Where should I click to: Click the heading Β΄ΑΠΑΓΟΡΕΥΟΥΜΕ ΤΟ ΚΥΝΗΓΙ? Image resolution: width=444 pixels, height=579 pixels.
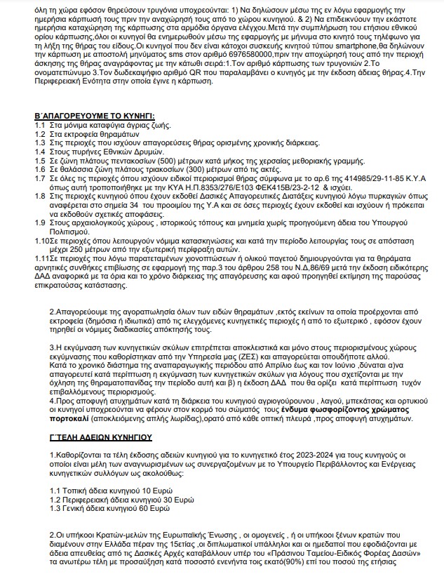(95, 116)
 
